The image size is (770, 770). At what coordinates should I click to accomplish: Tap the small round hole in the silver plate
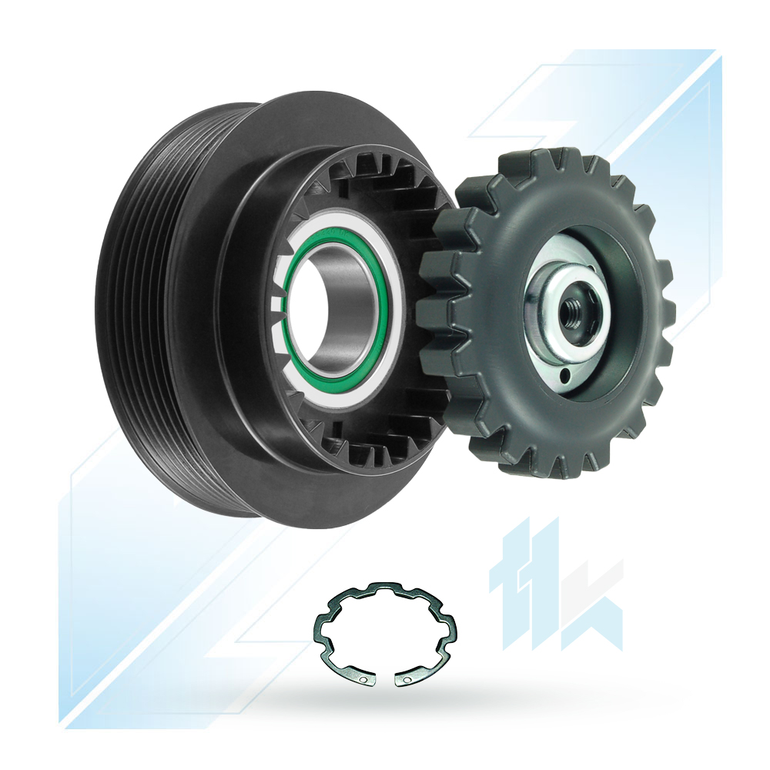click(564, 377)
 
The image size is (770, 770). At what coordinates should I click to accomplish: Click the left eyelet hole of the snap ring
click(363, 680)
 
